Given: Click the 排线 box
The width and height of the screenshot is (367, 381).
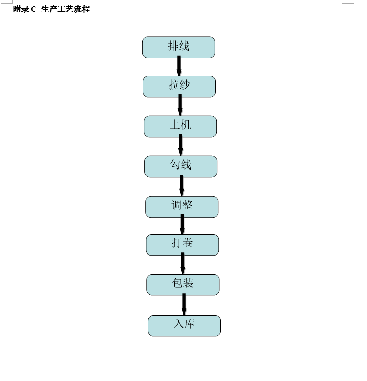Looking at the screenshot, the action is click(x=179, y=48).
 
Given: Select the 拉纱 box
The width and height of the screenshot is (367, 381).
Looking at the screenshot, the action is click(x=179, y=87).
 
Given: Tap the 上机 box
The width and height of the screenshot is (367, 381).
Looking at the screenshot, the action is click(x=180, y=126).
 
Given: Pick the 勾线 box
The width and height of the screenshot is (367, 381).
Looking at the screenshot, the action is click(x=181, y=166).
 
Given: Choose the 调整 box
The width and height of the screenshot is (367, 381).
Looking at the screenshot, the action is click(x=182, y=207).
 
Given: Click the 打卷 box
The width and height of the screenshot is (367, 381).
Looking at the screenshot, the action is click(x=182, y=245).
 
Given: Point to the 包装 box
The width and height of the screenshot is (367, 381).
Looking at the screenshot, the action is click(x=183, y=285).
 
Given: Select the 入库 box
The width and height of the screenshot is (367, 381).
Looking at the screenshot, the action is click(x=184, y=326).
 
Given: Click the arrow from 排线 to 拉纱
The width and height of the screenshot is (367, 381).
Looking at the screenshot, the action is click(x=179, y=66).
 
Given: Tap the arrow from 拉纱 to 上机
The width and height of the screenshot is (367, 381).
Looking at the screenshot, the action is click(x=180, y=105).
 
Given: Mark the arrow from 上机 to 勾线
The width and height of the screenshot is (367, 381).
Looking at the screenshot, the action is click(x=181, y=145).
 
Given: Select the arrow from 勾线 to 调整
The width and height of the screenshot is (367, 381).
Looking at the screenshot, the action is click(x=182, y=185).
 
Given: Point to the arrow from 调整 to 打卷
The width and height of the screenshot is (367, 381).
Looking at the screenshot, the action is click(x=182, y=224).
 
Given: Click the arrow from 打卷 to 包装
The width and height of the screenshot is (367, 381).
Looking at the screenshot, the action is click(x=183, y=264).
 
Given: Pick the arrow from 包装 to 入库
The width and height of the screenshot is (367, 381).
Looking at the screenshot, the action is click(x=184, y=305).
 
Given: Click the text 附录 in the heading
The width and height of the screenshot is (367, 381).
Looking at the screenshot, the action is click(x=21, y=9).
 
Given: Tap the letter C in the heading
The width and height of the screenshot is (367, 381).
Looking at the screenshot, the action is click(x=34, y=9).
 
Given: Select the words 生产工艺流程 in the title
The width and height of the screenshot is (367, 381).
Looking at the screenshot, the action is click(x=65, y=9).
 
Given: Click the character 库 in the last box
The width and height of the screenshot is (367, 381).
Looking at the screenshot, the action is click(x=190, y=324).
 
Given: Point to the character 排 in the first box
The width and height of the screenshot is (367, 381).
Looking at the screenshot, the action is click(x=173, y=46).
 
